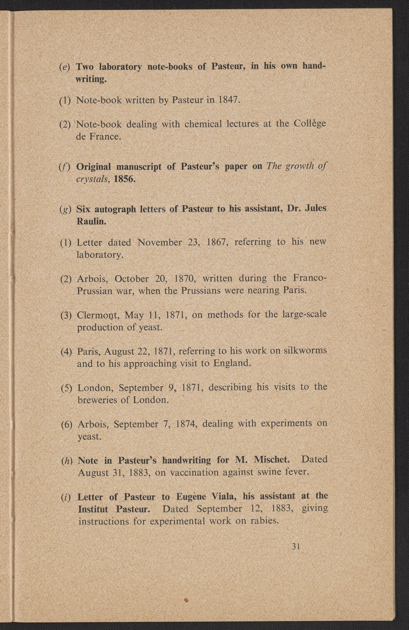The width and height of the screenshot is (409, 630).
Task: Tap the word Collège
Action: coord(310,123)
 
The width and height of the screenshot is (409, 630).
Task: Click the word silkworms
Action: coord(305,350)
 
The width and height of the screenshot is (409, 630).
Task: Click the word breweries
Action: coord(98,399)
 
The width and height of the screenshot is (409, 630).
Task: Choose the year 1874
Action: coord(187,424)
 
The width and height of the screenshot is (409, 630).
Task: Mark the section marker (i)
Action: coord(65,496)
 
